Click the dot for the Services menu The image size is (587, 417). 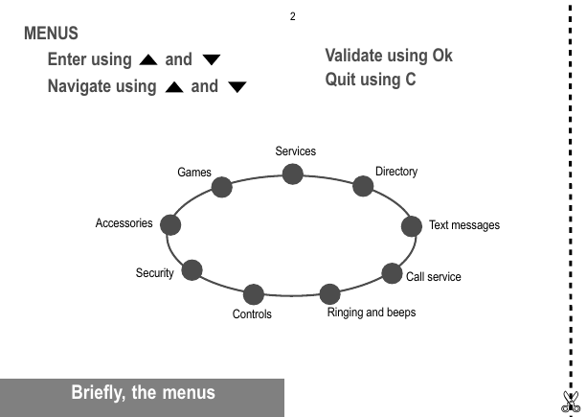pos(292,174)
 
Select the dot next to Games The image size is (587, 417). pos(221,187)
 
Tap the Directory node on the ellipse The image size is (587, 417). pos(363,186)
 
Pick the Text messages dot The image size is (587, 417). pos(412,226)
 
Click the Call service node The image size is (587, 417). pos(392,273)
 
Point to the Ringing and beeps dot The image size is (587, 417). pos(329,294)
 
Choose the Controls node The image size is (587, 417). pos(254,294)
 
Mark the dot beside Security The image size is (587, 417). pos(192,270)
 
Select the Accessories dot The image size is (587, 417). pos(170,225)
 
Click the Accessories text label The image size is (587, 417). pos(124,223)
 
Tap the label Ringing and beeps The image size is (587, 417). pos(372,313)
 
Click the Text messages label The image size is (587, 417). pos(464,225)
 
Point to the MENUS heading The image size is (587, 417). pos(52,34)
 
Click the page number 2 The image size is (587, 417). pos(293,16)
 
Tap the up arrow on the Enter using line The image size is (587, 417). pos(148,60)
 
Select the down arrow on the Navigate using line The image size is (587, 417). pos(237,87)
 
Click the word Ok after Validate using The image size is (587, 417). pos(442,56)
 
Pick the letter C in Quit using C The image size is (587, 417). pos(410,80)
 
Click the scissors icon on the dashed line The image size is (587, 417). pos(571,402)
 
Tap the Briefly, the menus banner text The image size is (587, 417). pos(143,393)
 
